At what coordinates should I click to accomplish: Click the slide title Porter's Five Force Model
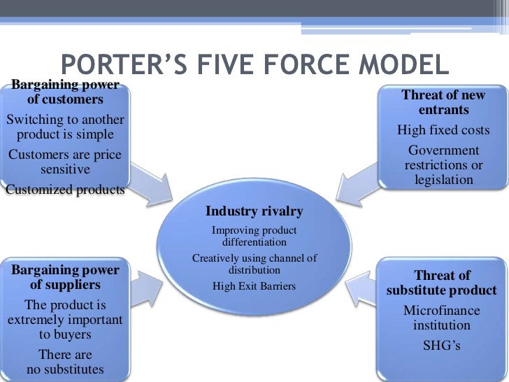click(x=254, y=66)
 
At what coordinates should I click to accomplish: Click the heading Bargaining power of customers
click(x=65, y=92)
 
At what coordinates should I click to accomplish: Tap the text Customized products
click(x=65, y=189)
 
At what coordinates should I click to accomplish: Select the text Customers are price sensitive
click(x=65, y=162)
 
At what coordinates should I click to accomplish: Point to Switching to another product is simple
click(x=65, y=127)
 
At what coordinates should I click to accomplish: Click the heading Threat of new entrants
click(x=443, y=102)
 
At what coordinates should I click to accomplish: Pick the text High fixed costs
click(x=443, y=130)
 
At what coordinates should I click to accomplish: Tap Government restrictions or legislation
click(x=443, y=165)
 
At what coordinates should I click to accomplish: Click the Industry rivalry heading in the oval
click(x=254, y=211)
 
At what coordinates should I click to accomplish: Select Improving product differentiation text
click(x=254, y=236)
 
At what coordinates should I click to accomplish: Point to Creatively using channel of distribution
click(x=254, y=264)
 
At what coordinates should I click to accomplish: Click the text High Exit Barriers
click(x=254, y=285)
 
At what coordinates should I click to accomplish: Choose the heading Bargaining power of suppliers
click(x=65, y=277)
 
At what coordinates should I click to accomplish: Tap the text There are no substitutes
click(x=65, y=362)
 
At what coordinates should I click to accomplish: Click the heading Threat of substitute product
click(x=442, y=283)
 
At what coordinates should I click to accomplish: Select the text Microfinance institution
click(x=442, y=317)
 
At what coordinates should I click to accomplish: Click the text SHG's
click(x=442, y=345)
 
